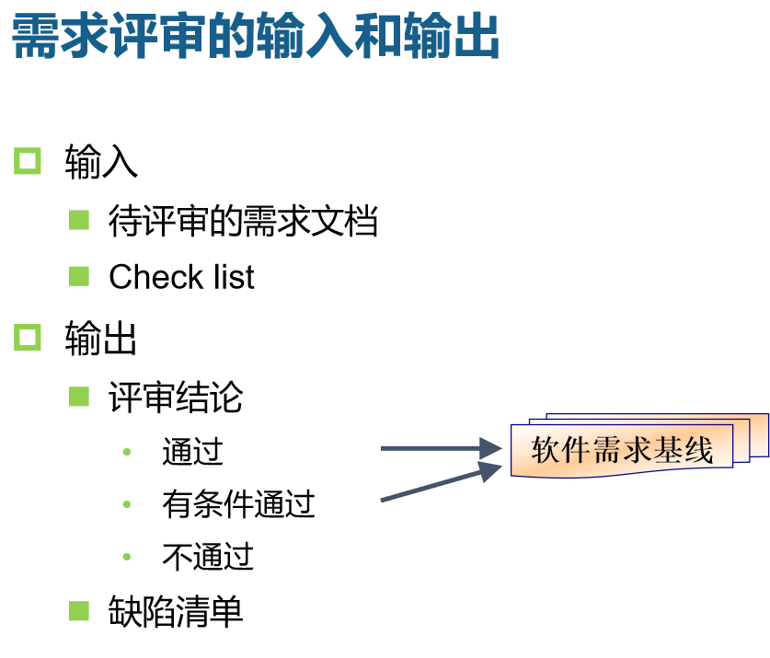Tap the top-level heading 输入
(x=101, y=163)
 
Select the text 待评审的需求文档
(x=243, y=222)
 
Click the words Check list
(x=181, y=277)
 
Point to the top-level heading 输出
(x=101, y=339)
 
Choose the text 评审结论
(x=176, y=398)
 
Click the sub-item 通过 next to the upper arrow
(x=192, y=452)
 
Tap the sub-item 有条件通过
(x=238, y=504)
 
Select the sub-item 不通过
(x=207, y=557)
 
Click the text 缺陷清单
(x=176, y=611)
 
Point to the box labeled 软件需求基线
(x=623, y=450)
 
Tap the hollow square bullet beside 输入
(x=28, y=161)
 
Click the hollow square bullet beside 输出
(x=28, y=337)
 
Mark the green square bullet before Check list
(x=79, y=275)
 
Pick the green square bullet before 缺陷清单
(x=79, y=609)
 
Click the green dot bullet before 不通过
(x=127, y=557)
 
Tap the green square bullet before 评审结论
(x=79, y=396)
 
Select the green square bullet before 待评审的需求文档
(x=79, y=220)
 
